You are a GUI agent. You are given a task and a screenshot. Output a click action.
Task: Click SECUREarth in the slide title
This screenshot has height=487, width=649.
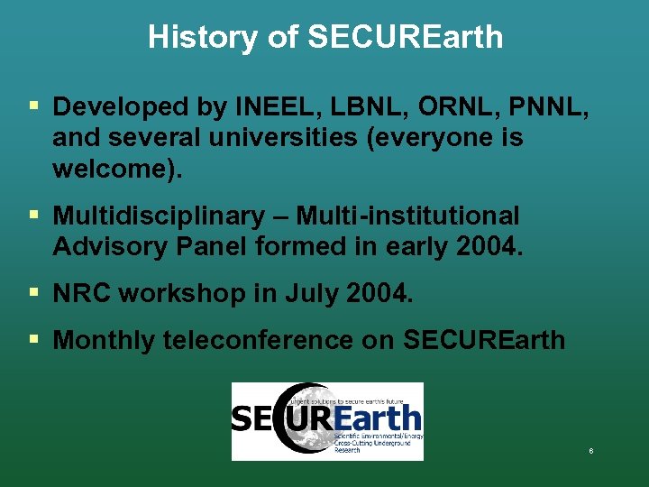[x=405, y=37]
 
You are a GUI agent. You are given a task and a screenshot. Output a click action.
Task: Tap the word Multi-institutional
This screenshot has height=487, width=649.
[x=408, y=216]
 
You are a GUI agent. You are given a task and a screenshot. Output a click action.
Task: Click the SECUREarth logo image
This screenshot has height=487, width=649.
[x=327, y=420]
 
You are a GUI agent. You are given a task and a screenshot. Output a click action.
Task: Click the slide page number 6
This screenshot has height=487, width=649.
[x=591, y=450]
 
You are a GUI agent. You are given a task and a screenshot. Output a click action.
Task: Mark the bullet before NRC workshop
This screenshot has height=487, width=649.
[x=33, y=292]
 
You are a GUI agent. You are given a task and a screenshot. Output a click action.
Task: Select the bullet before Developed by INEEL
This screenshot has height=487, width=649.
[x=33, y=106]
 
